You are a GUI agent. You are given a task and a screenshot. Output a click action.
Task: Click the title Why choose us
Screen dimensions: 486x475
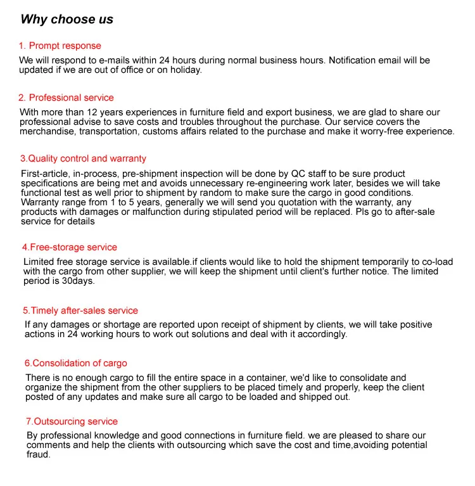[66, 19]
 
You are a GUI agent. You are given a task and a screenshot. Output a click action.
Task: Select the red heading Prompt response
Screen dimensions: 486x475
[60, 46]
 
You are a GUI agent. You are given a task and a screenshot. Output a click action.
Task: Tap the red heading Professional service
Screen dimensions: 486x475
[66, 98]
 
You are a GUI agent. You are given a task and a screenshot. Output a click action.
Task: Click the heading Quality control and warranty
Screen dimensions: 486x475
[83, 158]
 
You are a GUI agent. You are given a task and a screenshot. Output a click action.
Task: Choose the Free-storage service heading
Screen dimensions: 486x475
[70, 247]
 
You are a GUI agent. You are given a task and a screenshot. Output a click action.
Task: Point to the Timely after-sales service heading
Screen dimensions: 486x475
[80, 310]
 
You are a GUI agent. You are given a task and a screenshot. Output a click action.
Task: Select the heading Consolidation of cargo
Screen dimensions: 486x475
[76, 363]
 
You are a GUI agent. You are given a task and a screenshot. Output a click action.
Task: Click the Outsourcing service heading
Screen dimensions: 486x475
[72, 421]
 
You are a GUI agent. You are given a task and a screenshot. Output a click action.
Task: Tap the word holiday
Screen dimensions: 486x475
[185, 70]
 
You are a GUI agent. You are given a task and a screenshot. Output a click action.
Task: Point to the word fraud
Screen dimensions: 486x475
[38, 454]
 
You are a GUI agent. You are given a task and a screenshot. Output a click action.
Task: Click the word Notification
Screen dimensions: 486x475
[355, 60]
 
